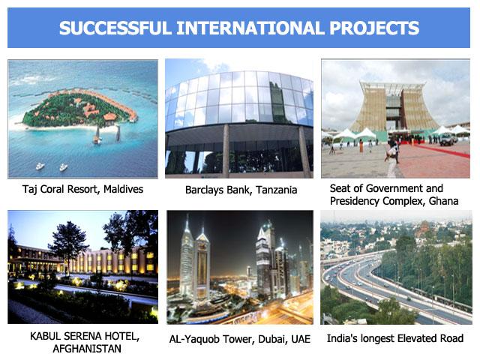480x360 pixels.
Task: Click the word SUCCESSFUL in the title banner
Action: tap(115, 28)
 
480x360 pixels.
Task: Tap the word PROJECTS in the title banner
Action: tap(374, 28)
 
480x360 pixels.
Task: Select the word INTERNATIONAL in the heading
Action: tap(250, 28)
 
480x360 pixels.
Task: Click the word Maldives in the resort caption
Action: tap(123, 189)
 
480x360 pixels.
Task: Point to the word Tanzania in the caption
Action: tap(277, 190)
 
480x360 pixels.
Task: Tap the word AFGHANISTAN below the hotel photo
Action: tap(87, 349)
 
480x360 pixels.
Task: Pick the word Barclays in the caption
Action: tap(205, 190)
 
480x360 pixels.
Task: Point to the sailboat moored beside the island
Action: tap(97, 135)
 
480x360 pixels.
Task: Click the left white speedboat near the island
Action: tap(40, 166)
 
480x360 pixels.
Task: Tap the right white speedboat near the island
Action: tap(63, 167)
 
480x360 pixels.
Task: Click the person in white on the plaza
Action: tap(391, 158)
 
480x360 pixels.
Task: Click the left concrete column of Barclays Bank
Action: tap(226, 151)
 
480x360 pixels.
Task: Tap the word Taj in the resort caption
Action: tap(29, 190)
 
